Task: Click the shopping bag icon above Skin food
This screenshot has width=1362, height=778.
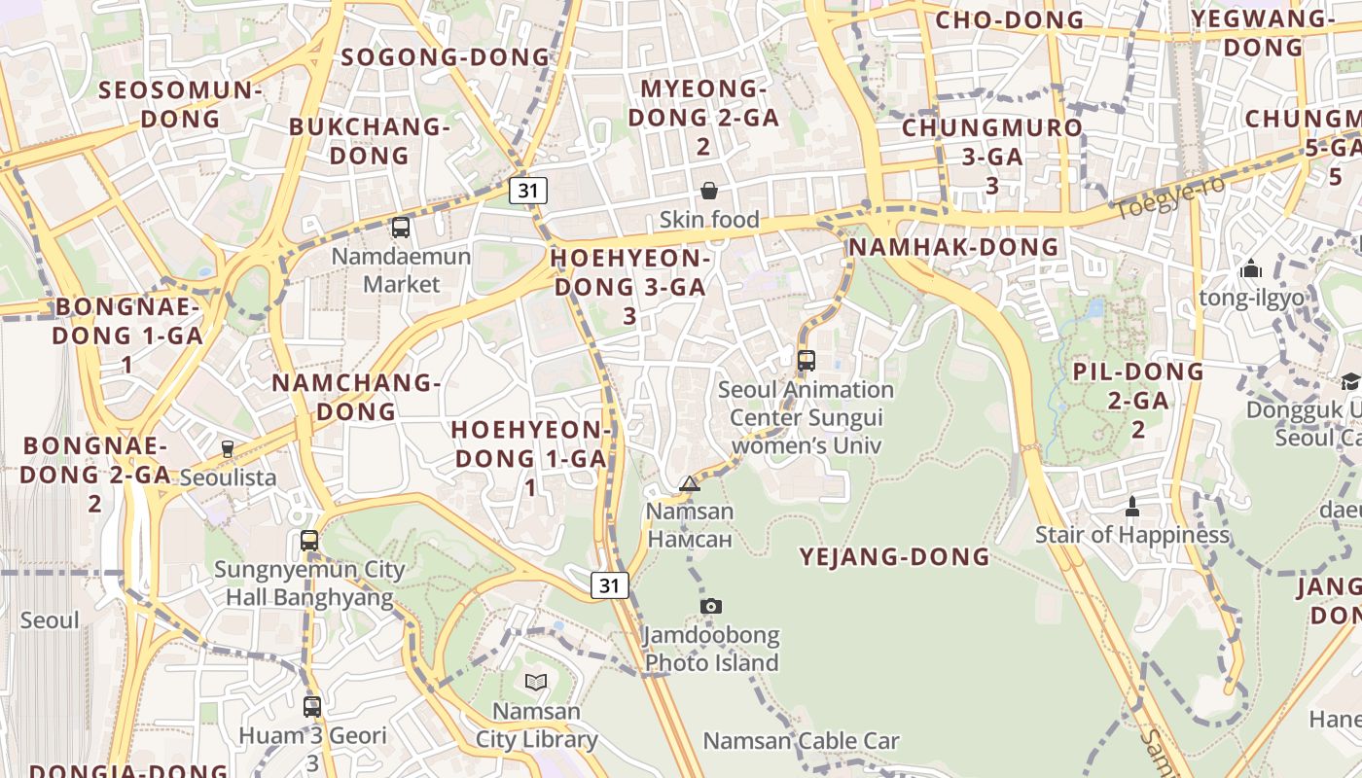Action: (x=709, y=191)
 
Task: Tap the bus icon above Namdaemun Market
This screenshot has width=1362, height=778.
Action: (x=400, y=228)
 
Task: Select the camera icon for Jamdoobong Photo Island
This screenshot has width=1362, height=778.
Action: (x=711, y=606)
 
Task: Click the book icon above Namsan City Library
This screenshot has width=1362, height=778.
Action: (x=536, y=682)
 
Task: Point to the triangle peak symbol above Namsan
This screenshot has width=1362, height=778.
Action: (x=689, y=483)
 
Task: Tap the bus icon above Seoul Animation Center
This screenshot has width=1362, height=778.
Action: (x=806, y=361)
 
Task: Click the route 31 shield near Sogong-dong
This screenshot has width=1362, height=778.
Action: (x=528, y=191)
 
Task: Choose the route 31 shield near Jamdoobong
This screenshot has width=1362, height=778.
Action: (x=609, y=585)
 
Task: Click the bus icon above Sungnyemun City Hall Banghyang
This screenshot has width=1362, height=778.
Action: (x=309, y=541)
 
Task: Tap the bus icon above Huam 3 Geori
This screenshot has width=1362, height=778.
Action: (x=311, y=707)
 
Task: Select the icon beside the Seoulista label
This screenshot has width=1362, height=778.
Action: (x=227, y=449)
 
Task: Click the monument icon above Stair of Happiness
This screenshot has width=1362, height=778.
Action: (x=1131, y=507)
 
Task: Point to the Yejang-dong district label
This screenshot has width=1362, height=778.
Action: (x=894, y=557)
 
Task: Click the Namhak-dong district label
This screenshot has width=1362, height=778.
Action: (x=953, y=247)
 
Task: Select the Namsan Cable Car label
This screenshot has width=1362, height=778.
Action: (x=801, y=741)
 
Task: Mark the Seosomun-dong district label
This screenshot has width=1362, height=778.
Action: (x=181, y=104)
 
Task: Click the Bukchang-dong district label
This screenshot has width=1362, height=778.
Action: (x=370, y=141)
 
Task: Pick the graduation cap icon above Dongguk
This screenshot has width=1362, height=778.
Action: (x=1349, y=381)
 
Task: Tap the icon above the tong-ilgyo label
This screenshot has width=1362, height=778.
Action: (x=1251, y=268)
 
